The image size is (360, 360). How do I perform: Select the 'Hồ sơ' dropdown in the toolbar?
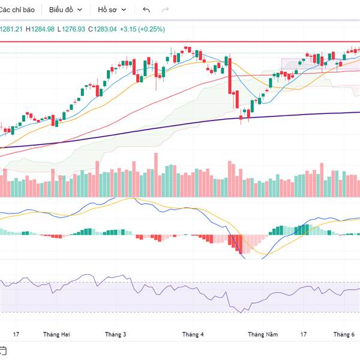(x=112, y=10)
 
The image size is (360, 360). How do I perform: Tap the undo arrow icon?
(x=147, y=10)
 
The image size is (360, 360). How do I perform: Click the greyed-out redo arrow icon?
(x=166, y=10)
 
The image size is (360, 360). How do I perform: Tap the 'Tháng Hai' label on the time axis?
(x=56, y=334)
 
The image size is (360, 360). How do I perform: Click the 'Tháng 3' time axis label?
(x=116, y=334)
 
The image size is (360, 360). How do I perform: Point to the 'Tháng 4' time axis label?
(x=193, y=334)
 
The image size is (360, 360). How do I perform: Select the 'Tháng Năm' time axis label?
(x=263, y=334)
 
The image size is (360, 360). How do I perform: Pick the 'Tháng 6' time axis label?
(x=344, y=334)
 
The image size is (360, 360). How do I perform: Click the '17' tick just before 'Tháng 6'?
(x=304, y=334)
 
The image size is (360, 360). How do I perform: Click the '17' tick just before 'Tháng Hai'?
(x=16, y=334)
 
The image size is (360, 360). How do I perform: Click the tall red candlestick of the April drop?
(x=230, y=75)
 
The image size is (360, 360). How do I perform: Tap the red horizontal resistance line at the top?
(x=180, y=42)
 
